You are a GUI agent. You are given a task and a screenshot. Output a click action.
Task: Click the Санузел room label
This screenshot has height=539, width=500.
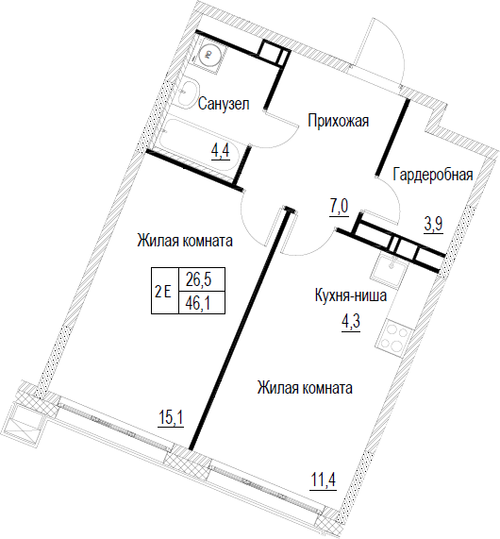click(x=224, y=104)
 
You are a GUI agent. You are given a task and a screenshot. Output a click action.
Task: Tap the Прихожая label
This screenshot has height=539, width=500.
click(x=338, y=121)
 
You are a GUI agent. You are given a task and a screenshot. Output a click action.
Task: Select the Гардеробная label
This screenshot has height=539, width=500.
click(x=433, y=175)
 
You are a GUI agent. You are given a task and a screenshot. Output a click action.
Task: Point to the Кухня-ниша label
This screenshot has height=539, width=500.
click(x=351, y=295)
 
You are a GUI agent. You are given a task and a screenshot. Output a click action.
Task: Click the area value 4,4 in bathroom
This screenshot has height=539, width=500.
click(x=220, y=150)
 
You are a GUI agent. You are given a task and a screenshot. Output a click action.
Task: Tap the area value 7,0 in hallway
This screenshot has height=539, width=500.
click(x=340, y=208)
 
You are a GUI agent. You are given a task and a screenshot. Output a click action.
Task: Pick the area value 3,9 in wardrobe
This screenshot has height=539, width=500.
click(x=434, y=225)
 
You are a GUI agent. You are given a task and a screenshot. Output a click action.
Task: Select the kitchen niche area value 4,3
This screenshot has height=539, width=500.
click(x=351, y=324)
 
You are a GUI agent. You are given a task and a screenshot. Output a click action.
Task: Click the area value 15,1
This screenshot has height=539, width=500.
click(x=171, y=418)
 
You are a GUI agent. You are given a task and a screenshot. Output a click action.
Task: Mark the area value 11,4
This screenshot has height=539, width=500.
click(x=323, y=480)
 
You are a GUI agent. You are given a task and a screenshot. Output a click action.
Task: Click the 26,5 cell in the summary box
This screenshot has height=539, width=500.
click(x=199, y=279)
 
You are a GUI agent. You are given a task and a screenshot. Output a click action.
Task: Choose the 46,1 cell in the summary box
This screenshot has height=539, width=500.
click(x=199, y=303)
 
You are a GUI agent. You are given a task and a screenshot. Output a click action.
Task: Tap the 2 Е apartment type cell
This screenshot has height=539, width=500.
click(x=163, y=293)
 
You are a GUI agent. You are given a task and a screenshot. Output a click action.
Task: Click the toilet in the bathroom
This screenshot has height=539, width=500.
click(x=208, y=54)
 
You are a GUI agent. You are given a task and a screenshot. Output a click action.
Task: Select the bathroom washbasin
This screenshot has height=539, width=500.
click(x=188, y=93)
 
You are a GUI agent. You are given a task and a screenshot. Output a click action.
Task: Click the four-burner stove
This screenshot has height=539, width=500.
click(x=392, y=336)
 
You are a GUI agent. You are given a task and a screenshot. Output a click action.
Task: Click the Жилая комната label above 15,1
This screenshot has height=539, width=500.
click(x=185, y=241)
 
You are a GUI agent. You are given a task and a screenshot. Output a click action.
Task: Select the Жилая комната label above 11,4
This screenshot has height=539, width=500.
click(x=305, y=388)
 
